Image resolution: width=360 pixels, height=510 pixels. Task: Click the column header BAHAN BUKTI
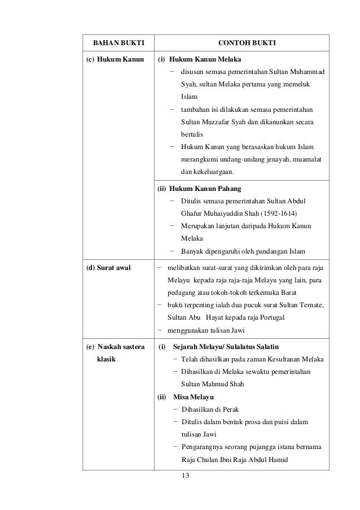coord(118,43)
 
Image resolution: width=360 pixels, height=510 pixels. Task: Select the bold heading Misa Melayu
coord(190,396)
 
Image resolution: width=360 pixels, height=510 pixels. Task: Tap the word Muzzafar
coord(218,122)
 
